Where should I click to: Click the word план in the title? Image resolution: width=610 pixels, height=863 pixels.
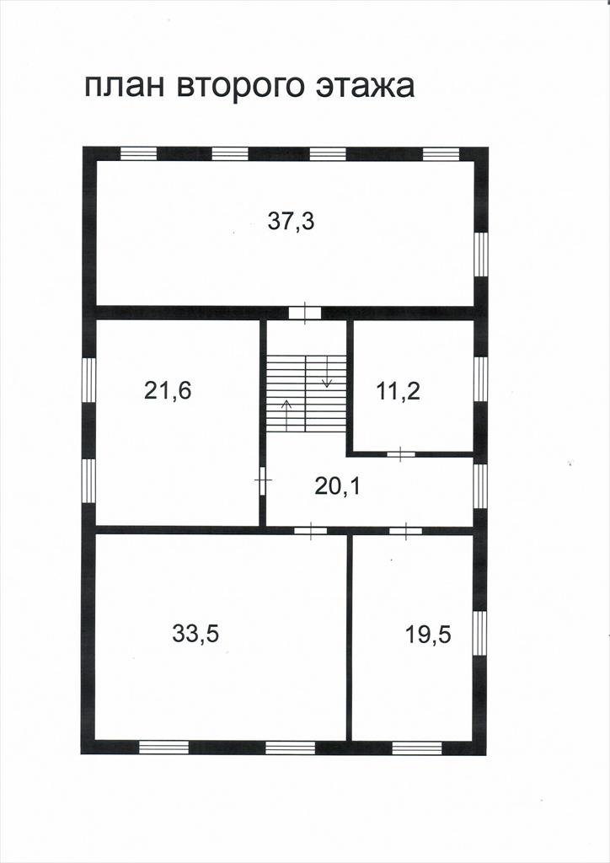124,87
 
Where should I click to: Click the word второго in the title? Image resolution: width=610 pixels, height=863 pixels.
240,88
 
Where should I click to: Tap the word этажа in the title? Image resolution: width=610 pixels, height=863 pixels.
365,87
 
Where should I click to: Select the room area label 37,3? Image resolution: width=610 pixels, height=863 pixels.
291,222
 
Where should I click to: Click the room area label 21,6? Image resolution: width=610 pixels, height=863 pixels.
168,391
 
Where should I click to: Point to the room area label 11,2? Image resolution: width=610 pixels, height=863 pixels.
399,391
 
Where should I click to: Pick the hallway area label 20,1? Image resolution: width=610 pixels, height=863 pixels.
338,486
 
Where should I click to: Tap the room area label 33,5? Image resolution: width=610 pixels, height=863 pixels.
195,634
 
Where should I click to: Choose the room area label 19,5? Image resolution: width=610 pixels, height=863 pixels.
429,635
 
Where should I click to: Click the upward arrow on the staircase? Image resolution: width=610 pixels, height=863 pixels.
286,415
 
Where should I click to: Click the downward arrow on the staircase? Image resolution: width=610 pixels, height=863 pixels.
326,372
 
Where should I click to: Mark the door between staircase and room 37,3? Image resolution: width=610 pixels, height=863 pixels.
305,314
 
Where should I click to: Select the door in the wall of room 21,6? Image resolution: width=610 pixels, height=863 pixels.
263,480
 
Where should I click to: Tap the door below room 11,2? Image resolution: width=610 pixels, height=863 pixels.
400,454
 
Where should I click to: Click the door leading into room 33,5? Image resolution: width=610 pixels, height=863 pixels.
310,531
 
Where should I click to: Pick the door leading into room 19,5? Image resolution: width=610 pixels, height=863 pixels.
406,531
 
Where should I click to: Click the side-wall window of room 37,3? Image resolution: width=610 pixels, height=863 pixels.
481,255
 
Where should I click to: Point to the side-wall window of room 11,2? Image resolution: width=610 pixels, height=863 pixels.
481,379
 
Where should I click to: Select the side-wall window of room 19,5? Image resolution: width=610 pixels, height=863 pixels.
480,633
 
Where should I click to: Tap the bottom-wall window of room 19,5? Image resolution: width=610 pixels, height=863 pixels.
417,748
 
